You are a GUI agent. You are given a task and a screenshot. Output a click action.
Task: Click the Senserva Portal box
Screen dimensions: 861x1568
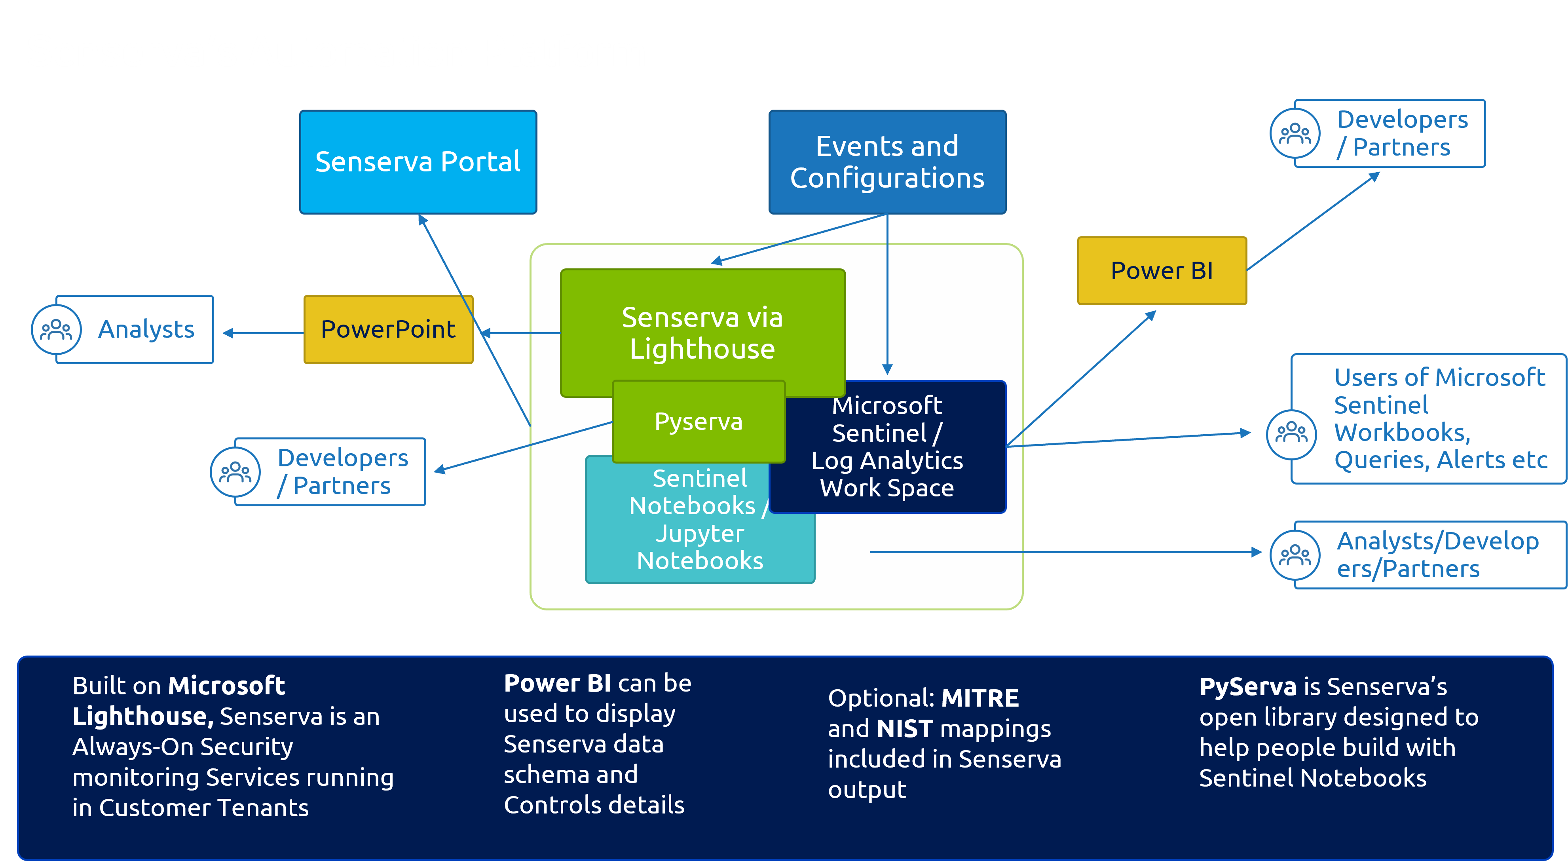tap(418, 162)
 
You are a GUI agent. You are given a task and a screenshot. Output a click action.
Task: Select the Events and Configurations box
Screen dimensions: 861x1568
tap(887, 162)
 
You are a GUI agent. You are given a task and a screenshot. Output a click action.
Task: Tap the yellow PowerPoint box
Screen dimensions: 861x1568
tap(388, 329)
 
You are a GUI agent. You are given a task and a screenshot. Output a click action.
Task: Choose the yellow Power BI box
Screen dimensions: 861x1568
tap(1162, 270)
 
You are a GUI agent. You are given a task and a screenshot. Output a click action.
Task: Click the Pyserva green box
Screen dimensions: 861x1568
tap(698, 421)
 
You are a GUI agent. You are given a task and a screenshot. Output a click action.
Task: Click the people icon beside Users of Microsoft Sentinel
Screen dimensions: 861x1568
tap(1291, 433)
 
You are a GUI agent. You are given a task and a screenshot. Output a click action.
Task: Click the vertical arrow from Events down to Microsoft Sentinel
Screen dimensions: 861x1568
tap(887, 292)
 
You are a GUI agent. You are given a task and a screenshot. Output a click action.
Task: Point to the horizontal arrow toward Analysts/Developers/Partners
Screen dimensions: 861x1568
tap(1065, 552)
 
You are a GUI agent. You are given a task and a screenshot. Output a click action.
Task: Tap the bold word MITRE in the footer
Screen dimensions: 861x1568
tap(980, 698)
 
